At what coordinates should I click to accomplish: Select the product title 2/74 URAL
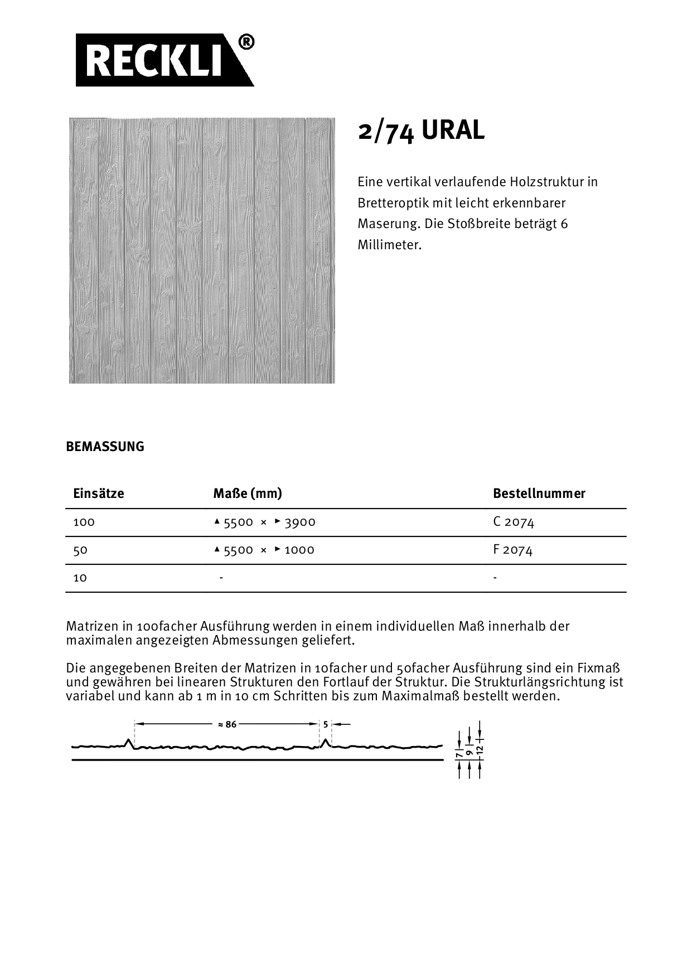tap(421, 131)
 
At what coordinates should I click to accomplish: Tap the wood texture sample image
tap(202, 250)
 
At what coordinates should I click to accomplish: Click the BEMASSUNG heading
tap(105, 447)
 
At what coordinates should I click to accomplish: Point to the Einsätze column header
tap(99, 493)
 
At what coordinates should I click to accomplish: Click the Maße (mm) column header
tap(248, 493)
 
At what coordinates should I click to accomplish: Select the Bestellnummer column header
tap(539, 493)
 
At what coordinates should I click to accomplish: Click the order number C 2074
tap(514, 522)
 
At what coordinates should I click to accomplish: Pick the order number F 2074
tap(513, 550)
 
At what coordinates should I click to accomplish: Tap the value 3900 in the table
tap(300, 522)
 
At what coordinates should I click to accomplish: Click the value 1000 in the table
tap(299, 550)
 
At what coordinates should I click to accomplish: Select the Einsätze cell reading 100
tap(84, 522)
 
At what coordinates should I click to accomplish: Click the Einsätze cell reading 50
tap(80, 550)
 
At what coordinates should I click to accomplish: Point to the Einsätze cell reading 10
tap(80, 578)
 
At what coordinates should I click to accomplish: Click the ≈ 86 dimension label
tap(227, 724)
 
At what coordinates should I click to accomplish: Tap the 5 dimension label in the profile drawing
tap(326, 724)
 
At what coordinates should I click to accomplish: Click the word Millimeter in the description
tap(390, 245)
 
